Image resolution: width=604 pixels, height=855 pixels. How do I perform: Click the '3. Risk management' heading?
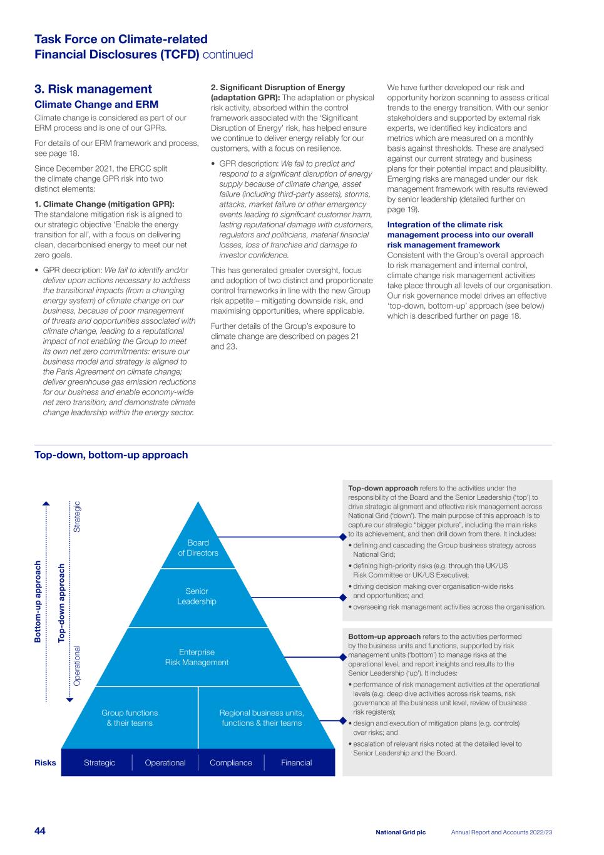pyautogui.click(x=93, y=89)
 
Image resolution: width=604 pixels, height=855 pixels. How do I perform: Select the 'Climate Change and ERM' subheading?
pyautogui.click(x=96, y=105)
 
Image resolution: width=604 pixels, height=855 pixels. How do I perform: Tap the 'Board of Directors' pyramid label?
pyautogui.click(x=198, y=548)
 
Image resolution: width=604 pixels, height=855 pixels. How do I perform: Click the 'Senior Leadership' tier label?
pyautogui.click(x=197, y=596)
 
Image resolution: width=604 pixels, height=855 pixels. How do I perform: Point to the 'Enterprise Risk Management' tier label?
pyautogui.click(x=197, y=657)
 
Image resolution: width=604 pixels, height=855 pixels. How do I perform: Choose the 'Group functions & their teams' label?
pyautogui.click(x=130, y=718)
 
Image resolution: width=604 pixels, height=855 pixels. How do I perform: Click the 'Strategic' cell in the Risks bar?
pyautogui.click(x=100, y=763)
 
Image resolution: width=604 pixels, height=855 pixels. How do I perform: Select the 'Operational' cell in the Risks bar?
pyautogui.click(x=165, y=763)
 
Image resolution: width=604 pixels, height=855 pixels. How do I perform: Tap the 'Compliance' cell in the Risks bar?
pyautogui.click(x=231, y=763)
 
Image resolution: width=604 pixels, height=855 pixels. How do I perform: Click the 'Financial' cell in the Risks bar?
pyautogui.click(x=297, y=763)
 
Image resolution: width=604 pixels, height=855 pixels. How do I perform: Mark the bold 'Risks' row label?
pyautogui.click(x=45, y=763)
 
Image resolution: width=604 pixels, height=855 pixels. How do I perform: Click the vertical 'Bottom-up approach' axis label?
pyautogui.click(x=38, y=601)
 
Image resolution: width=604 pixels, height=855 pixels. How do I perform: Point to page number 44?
pyautogui.click(x=40, y=831)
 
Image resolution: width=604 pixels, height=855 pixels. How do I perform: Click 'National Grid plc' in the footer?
pyautogui.click(x=401, y=832)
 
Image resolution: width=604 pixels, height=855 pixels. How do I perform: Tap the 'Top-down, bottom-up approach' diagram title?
pyautogui.click(x=111, y=455)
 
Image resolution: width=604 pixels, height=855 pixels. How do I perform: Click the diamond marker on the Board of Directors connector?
pyautogui.click(x=343, y=537)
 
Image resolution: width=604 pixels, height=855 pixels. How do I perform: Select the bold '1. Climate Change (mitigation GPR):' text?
pyautogui.click(x=104, y=204)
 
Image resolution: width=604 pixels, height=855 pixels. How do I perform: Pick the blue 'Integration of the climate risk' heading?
pyautogui.click(x=444, y=225)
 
